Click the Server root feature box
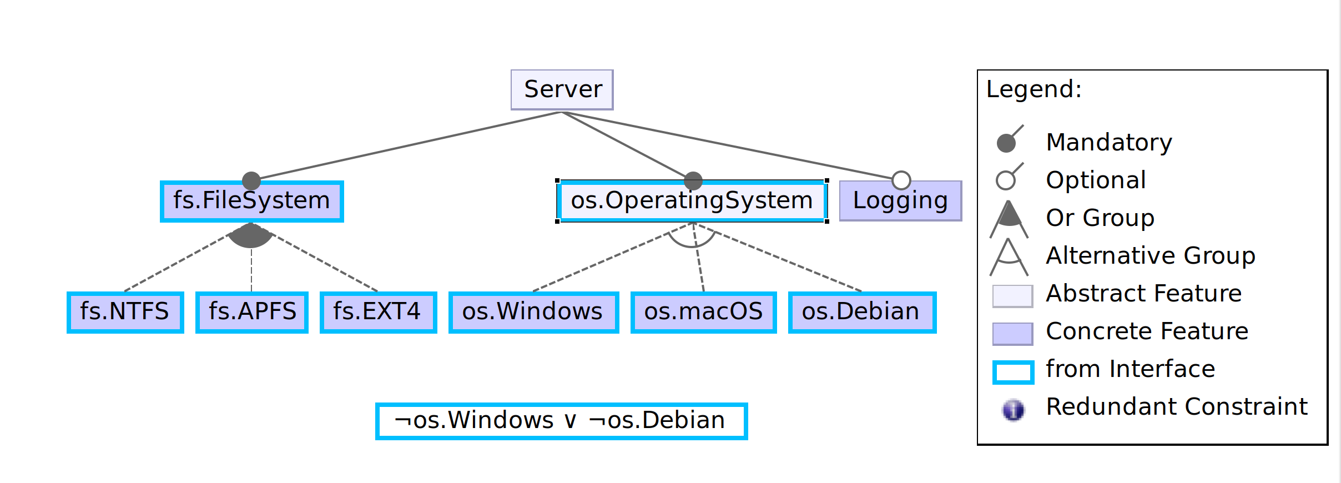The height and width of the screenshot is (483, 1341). (562, 89)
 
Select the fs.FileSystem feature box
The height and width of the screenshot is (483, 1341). (251, 201)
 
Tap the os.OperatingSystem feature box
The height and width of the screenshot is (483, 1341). (692, 201)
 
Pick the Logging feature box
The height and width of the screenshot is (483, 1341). (900, 201)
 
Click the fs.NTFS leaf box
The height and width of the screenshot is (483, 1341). (125, 312)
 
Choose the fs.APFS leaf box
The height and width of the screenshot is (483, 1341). (252, 312)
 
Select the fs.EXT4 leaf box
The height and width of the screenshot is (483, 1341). (378, 312)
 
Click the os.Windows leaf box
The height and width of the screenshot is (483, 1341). (533, 312)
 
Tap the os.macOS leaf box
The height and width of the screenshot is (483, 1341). (703, 312)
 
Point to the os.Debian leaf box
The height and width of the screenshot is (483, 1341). (861, 312)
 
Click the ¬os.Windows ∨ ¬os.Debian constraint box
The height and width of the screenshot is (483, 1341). (561, 421)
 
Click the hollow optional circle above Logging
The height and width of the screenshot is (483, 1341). (901, 180)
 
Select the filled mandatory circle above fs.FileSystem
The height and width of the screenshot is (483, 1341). (251, 180)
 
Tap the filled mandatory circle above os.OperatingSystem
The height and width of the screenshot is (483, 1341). (693, 180)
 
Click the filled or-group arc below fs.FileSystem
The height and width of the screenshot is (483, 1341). (251, 237)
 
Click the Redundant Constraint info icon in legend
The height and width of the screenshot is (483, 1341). (1013, 410)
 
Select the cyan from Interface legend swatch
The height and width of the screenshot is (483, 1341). (1013, 372)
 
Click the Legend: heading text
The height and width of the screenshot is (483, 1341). (1034, 89)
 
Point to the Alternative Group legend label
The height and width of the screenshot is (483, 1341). (1150, 256)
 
